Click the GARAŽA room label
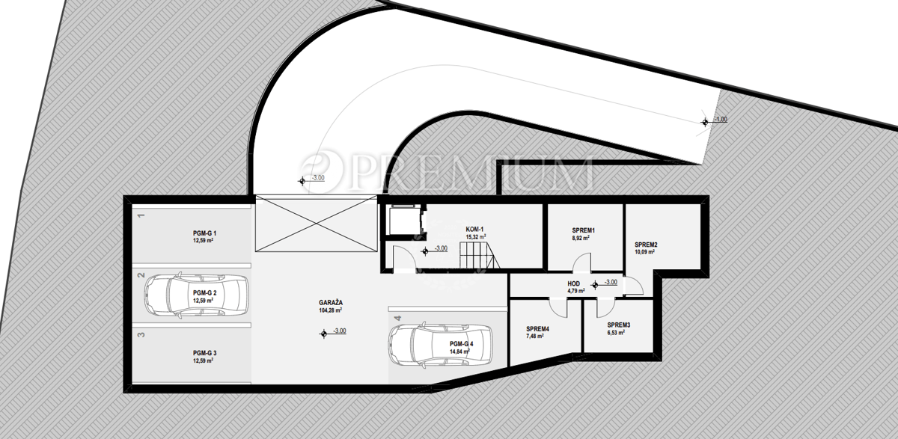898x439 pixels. coord(331,303)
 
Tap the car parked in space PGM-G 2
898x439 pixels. coord(196,296)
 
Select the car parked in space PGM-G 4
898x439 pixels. coord(440,345)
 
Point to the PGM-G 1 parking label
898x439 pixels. coord(204,233)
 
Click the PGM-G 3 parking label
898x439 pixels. coord(204,353)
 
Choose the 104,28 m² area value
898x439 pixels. coord(331,310)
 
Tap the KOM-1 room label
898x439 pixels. coord(474,230)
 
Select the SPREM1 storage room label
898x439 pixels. coord(583,230)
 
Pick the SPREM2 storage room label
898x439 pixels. coord(646,245)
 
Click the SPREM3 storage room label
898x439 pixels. coord(619,325)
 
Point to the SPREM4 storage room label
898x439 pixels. coord(537,329)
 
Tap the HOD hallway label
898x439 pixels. coord(574,284)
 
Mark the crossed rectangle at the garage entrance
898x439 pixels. coord(316,224)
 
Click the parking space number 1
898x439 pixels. coord(141,215)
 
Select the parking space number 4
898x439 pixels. coord(397,319)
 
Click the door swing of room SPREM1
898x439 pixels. coord(581,262)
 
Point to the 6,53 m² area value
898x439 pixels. coord(616,333)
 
